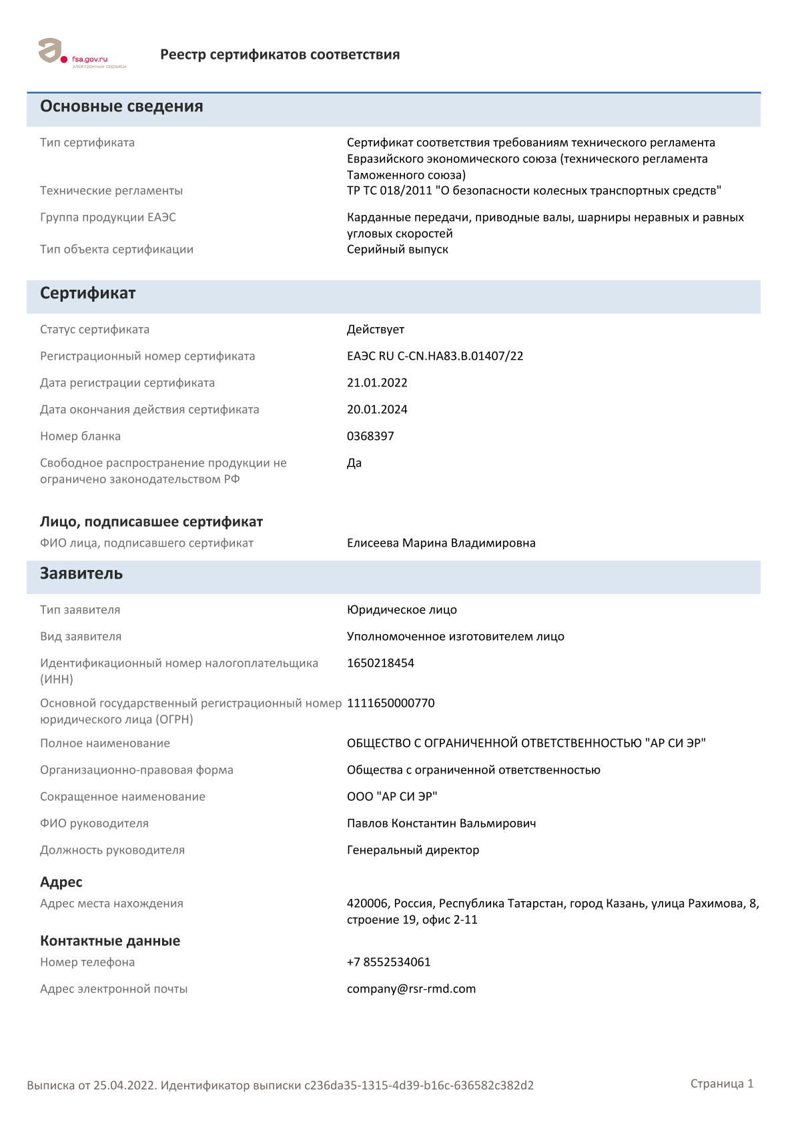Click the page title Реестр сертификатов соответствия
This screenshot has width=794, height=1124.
click(x=280, y=55)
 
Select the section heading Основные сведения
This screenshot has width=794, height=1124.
click(x=121, y=106)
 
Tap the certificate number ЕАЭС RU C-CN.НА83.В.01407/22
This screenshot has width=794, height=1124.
click(x=434, y=356)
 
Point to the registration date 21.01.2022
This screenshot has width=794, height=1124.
click(x=377, y=382)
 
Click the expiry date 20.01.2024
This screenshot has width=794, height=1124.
click(x=377, y=409)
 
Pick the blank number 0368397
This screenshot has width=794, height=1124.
click(x=370, y=436)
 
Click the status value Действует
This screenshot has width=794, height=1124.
click(x=375, y=329)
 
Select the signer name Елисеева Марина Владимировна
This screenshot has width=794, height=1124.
click(x=441, y=543)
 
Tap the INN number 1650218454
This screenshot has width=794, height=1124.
click(x=380, y=663)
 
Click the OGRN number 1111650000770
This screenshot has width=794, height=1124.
click(x=390, y=703)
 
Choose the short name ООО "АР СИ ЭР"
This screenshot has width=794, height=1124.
click(x=392, y=796)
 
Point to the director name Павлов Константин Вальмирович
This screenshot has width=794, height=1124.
click(x=441, y=823)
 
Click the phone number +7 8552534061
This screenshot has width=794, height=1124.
click(x=388, y=962)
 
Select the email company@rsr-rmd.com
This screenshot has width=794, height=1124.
click(x=411, y=989)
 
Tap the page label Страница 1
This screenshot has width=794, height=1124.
click(x=721, y=1083)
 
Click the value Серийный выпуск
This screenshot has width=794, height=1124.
click(x=397, y=249)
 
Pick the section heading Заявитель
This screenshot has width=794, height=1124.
click(x=81, y=573)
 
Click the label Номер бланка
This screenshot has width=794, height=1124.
click(x=80, y=436)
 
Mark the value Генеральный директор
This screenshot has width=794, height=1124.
click(x=412, y=850)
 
